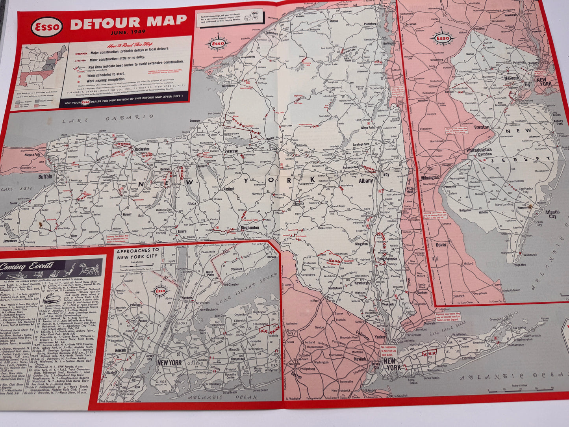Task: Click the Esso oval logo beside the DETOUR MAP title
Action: (x=47, y=27)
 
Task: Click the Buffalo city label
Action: (x=45, y=177)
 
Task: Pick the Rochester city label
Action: (x=142, y=149)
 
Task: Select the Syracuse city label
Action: (x=231, y=151)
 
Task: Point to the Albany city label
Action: (x=366, y=181)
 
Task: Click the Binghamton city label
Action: (x=250, y=228)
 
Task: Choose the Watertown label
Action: (x=228, y=85)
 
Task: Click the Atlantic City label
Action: (x=552, y=214)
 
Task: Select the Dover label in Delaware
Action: (x=441, y=245)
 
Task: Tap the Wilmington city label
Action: (x=429, y=178)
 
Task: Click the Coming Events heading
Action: (x=27, y=266)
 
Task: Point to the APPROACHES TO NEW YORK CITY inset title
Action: (x=138, y=253)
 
